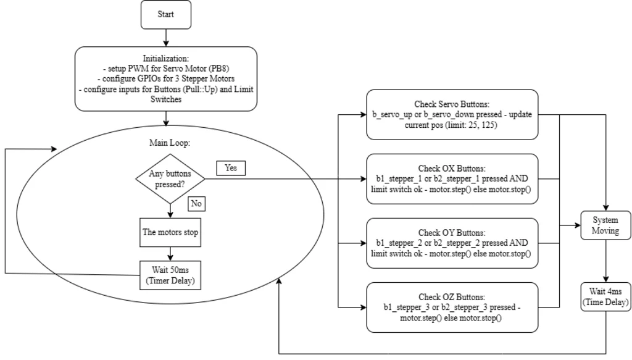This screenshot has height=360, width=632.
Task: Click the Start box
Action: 166,15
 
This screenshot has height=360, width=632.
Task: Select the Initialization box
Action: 166,78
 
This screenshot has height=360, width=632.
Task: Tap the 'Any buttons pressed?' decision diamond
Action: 170,178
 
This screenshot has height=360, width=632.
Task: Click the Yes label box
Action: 230,168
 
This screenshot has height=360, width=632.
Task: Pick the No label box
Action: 196,204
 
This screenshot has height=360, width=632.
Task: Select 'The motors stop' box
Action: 170,233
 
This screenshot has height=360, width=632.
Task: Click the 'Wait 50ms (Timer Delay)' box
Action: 170,274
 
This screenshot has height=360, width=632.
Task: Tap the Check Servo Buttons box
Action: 452,115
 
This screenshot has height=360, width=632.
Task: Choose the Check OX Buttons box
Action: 452,178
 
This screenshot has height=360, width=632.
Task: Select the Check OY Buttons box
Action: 452,243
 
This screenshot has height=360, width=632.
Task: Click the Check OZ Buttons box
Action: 452,307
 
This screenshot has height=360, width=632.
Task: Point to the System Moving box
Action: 605,225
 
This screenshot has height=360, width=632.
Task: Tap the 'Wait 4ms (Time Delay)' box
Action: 605,296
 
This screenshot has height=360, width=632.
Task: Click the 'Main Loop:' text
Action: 170,143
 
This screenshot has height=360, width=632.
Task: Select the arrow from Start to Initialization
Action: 166,38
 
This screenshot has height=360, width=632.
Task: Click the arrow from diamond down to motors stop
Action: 170,211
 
